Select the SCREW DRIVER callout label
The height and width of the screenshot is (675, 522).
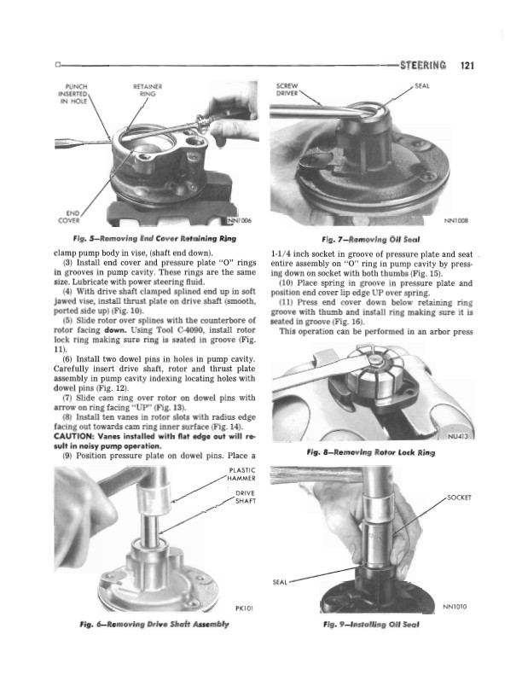pos(282,90)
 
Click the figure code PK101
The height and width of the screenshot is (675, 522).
pos(242,608)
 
